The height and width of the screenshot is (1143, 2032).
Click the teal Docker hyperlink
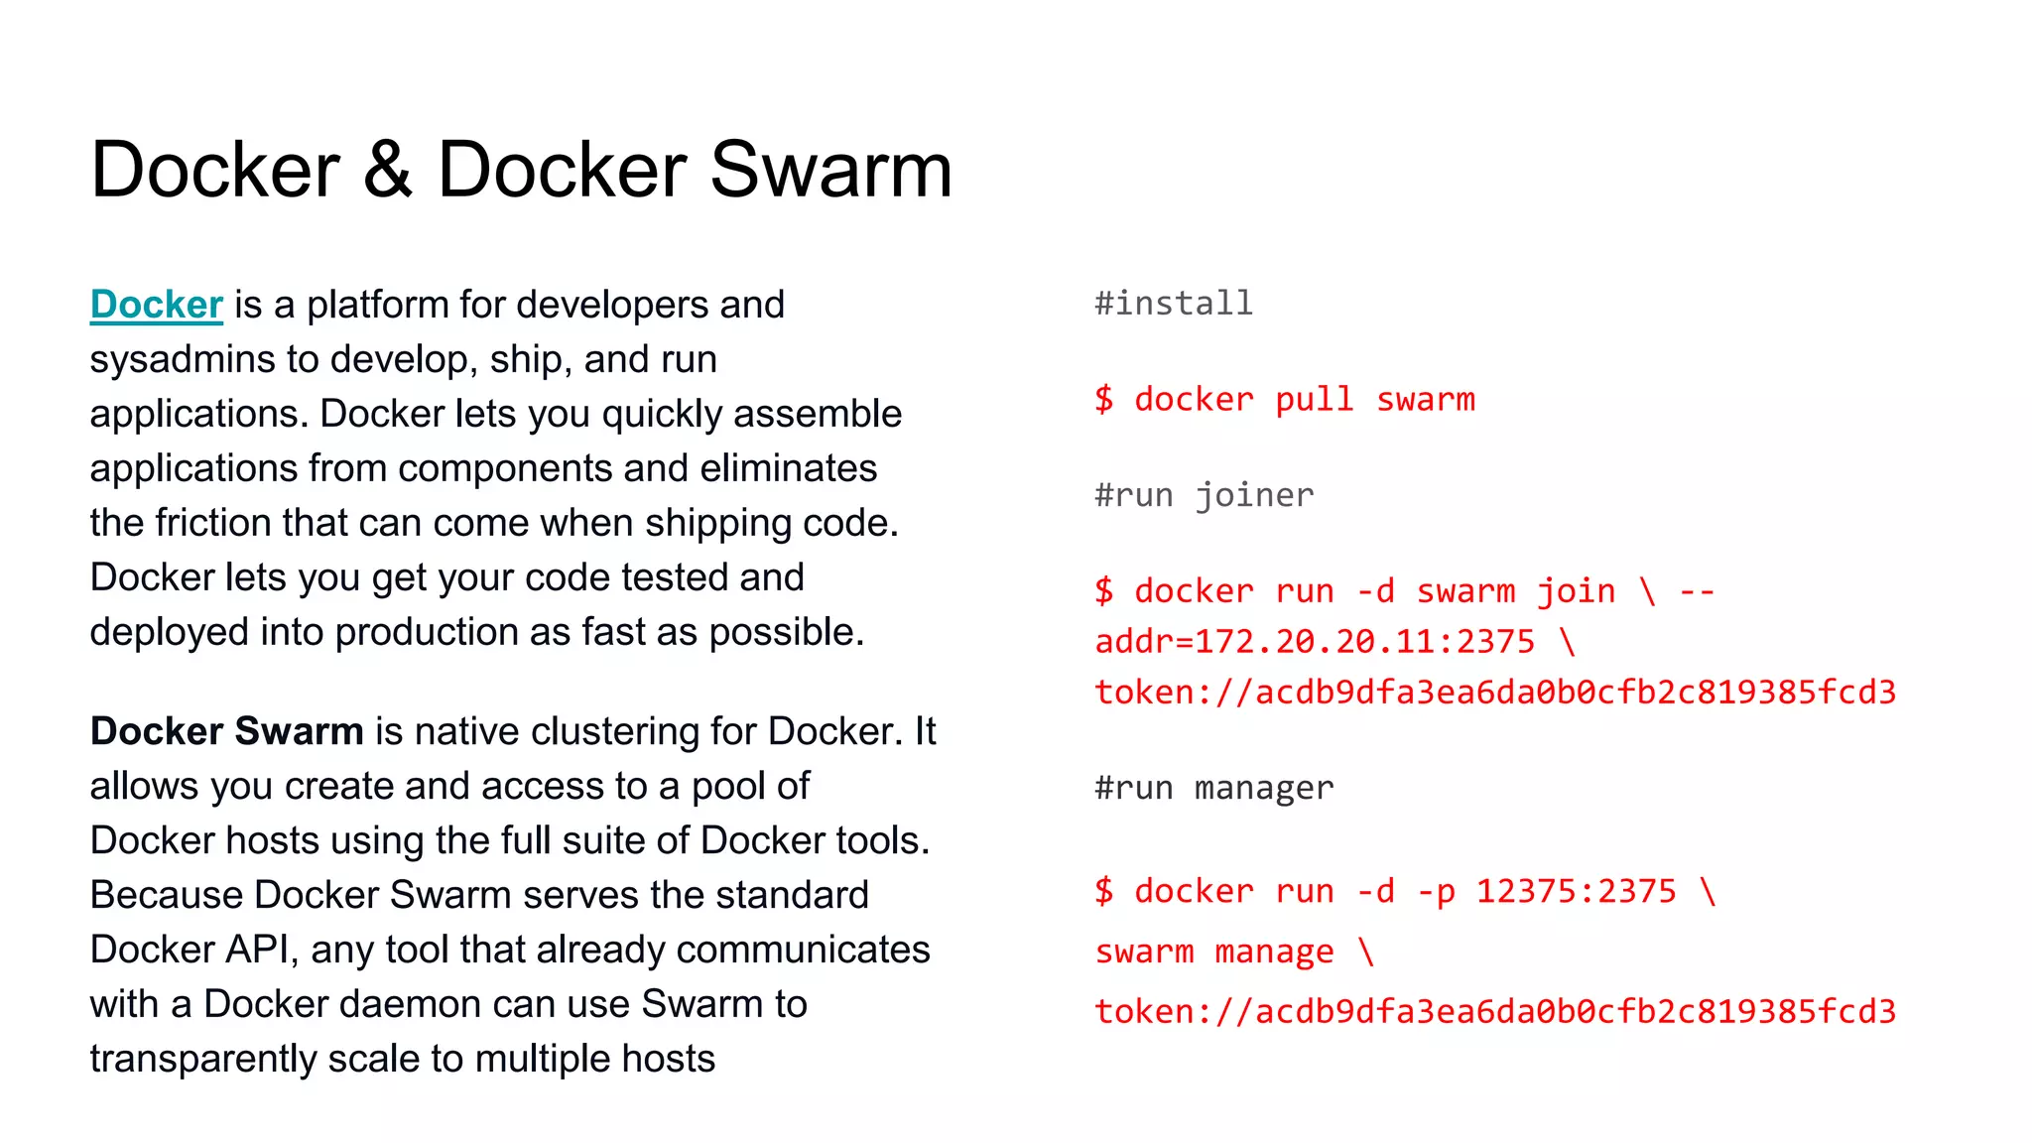point(156,305)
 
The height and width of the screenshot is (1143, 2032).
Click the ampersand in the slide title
point(387,171)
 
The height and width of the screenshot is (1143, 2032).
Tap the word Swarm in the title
point(830,171)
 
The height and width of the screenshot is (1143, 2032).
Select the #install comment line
point(1174,303)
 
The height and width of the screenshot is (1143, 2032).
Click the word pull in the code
point(1314,399)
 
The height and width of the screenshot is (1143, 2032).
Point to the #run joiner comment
point(1204,494)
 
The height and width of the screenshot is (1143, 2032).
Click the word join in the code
point(1576,591)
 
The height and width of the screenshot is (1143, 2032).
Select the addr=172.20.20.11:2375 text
point(1315,642)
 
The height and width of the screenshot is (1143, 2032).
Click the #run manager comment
point(1213,788)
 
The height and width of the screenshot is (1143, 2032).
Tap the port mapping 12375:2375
point(1576,891)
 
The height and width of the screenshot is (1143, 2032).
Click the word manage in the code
point(1274,952)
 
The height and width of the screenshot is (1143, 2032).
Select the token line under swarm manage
point(1495,1011)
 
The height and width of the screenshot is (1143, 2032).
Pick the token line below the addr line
point(1495,692)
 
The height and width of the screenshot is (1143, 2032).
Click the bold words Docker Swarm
point(226,731)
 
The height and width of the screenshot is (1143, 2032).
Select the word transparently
point(202,1059)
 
